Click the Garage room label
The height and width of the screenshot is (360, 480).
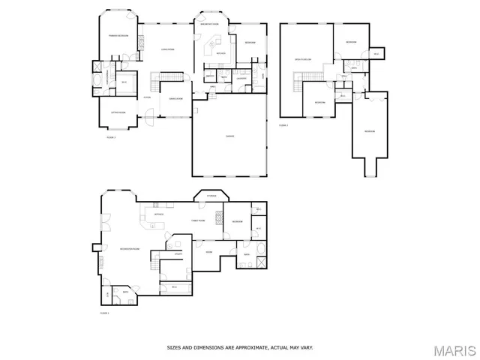click(230, 136)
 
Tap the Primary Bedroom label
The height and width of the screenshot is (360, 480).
click(118, 36)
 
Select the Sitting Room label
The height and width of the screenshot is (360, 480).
click(118, 112)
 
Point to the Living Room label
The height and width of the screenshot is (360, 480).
click(167, 49)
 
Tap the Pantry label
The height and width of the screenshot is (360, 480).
click(210, 76)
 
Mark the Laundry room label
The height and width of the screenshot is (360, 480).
click(241, 78)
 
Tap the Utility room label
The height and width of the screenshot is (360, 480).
click(178, 254)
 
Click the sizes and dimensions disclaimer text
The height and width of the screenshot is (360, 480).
click(240, 347)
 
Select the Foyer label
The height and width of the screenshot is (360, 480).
click(148, 97)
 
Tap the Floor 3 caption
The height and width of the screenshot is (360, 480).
click(283, 125)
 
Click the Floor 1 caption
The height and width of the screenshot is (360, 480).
click(105, 312)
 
